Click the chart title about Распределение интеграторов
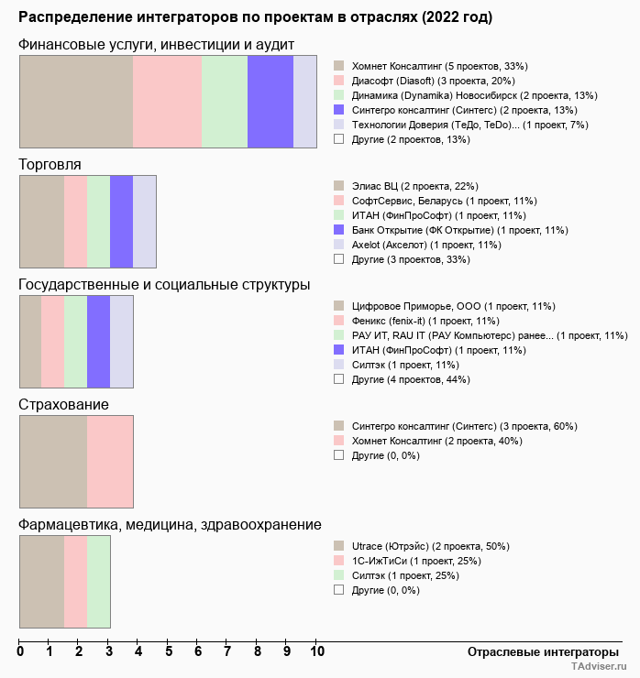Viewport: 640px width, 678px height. tap(255, 17)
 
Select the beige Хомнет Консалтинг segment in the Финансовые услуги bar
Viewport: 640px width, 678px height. tap(76, 102)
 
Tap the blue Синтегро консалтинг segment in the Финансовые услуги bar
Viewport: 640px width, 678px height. tap(270, 102)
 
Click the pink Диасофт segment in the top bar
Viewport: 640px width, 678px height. tap(168, 102)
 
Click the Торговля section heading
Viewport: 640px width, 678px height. tap(50, 164)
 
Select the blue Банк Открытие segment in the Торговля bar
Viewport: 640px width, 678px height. tap(122, 222)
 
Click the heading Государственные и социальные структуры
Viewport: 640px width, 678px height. tap(164, 285)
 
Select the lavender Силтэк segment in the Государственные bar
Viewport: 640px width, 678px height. tap(122, 342)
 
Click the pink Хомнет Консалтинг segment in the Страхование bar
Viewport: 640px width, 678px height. tap(110, 462)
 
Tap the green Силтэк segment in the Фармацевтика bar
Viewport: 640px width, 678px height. tap(99, 582)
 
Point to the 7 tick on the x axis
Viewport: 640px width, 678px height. tap(227, 651)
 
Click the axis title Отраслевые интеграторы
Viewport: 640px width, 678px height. tap(543, 652)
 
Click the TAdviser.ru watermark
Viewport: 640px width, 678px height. tap(599, 666)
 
